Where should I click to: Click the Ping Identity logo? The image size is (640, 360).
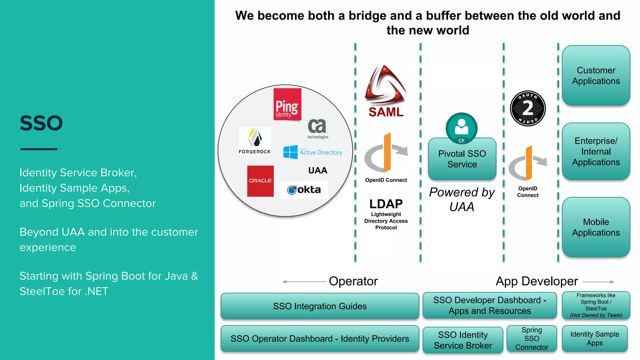coord(287,104)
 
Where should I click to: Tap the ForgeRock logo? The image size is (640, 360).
coord(255,141)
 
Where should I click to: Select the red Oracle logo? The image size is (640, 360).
coord(260,181)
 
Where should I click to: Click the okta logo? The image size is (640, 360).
coord(304,190)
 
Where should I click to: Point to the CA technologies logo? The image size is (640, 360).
coord(317,128)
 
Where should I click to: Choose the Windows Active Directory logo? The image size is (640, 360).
coord(312,152)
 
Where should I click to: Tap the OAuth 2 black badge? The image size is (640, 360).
coord(528,108)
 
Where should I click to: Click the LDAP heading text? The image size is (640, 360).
coord(386,204)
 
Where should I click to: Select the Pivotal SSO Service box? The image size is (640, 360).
coord(462,159)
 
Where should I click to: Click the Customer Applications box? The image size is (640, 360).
coord(596,76)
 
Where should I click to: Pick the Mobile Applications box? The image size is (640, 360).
coord(596,227)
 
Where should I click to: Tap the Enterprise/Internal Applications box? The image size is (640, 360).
coord(596,152)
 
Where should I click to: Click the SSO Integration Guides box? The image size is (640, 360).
coord(320,306)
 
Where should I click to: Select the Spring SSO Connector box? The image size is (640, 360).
coord(532,339)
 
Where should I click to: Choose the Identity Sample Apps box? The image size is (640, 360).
coord(595,339)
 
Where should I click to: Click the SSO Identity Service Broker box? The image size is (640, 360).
coord(463,340)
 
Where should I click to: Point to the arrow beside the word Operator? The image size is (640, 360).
coord(304,282)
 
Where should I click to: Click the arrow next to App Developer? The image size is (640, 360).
coord(598,282)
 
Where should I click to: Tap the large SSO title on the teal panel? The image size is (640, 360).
coord(41,123)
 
